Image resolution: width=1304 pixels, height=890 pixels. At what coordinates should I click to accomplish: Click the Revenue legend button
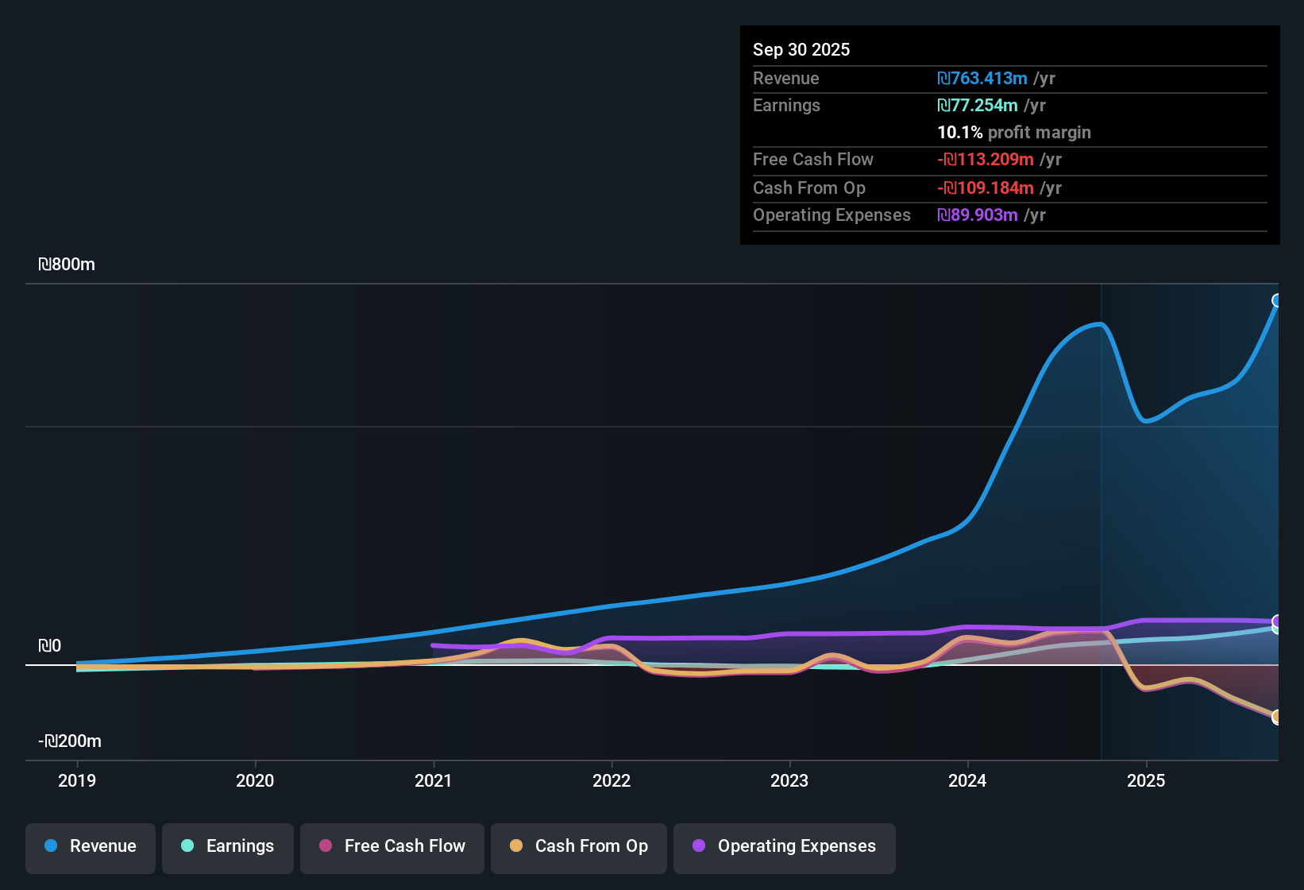tap(91, 846)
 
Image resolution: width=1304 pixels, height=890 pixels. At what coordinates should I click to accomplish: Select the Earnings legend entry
tap(228, 846)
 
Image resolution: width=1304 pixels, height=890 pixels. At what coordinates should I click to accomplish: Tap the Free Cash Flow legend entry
tap(392, 846)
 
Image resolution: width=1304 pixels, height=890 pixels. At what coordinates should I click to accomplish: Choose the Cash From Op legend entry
tap(579, 846)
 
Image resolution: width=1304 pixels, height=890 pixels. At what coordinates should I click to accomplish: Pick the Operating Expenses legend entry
tap(785, 846)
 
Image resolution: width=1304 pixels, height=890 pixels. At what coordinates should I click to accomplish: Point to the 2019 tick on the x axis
tap(77, 780)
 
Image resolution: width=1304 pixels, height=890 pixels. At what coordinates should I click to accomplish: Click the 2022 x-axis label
tap(611, 780)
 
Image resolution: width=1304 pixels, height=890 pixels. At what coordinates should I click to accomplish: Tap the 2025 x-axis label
tap(1146, 780)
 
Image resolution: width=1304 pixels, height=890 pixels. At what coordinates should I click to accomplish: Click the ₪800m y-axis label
tap(67, 265)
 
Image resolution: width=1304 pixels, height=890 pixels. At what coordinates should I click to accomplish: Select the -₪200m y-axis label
tap(70, 741)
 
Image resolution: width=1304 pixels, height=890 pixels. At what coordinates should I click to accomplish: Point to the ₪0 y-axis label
tap(49, 646)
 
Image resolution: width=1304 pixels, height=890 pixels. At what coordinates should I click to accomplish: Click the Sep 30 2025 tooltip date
tap(801, 50)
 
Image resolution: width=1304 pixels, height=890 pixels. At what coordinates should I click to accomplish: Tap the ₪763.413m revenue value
tap(982, 79)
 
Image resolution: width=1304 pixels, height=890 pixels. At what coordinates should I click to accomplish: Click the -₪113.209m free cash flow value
tap(986, 160)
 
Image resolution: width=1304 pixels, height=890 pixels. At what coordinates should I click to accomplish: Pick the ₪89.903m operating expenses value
tap(978, 215)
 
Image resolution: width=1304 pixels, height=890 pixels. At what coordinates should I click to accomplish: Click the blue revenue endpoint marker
tap(1277, 300)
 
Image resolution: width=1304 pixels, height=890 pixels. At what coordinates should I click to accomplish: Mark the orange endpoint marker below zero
tap(1277, 717)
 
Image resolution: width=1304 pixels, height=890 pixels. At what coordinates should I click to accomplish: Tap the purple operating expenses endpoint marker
tap(1277, 621)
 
